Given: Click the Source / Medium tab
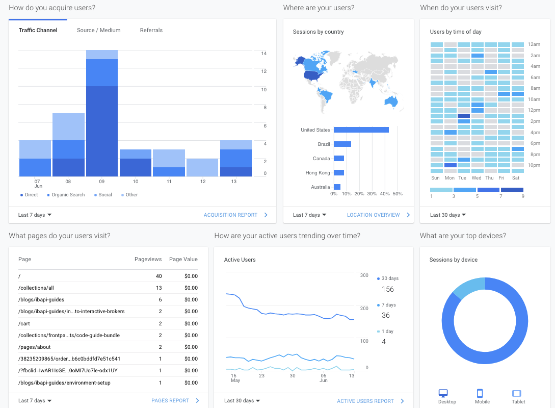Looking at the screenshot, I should pyautogui.click(x=98, y=30).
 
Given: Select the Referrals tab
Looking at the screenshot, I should pyautogui.click(x=151, y=30).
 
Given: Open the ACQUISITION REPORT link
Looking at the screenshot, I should pyautogui.click(x=230, y=215).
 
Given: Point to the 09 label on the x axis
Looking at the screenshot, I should pyautogui.click(x=101, y=182).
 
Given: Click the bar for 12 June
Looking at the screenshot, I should pyautogui.click(x=202, y=168).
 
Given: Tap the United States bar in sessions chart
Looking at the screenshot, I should pyautogui.click(x=361, y=130).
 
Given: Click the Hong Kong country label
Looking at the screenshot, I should pyautogui.click(x=318, y=173).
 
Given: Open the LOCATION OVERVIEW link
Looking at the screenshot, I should pyautogui.click(x=373, y=215).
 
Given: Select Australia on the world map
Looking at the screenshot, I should pyautogui.click(x=391, y=101).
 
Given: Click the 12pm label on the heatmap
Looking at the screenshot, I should pyautogui.click(x=534, y=110).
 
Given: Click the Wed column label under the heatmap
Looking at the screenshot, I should pyautogui.click(x=477, y=178).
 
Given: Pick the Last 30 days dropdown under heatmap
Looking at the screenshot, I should pyautogui.click(x=447, y=215).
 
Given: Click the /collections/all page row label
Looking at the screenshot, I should pyautogui.click(x=36, y=288).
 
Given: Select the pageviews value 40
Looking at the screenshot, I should pyautogui.click(x=158, y=276).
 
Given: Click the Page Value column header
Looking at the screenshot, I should pyautogui.click(x=183, y=259).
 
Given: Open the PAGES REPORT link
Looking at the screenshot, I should pyautogui.click(x=170, y=401).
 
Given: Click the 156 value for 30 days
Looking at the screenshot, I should pyautogui.click(x=388, y=289).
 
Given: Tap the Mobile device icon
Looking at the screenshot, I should pyautogui.click(x=479, y=393).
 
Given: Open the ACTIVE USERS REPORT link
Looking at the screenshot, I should pyautogui.click(x=365, y=401).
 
